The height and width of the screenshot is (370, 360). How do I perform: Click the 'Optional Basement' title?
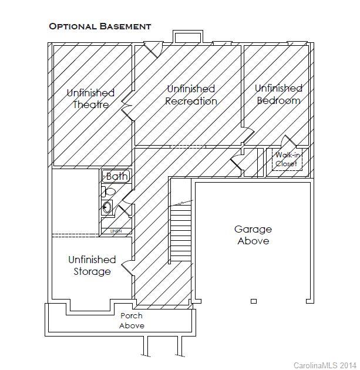click(x=100, y=26)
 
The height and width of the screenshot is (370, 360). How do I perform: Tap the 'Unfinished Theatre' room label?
click(x=90, y=99)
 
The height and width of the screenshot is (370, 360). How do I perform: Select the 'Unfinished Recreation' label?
click(x=191, y=95)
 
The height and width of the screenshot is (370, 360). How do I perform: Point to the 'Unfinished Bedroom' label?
click(x=278, y=94)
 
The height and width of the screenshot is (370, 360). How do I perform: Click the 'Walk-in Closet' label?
click(x=286, y=160)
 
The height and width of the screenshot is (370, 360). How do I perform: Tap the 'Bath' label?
click(x=116, y=176)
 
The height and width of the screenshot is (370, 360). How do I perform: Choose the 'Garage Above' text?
click(x=253, y=235)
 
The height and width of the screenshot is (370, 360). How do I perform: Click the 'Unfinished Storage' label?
click(x=92, y=265)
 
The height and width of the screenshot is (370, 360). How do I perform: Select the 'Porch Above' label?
click(x=132, y=321)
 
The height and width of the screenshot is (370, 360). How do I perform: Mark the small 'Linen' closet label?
click(x=116, y=231)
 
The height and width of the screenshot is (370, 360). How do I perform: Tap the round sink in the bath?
click(x=107, y=206)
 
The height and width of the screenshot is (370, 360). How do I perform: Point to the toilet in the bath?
click(x=108, y=191)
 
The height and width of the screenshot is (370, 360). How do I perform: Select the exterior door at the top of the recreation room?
click(x=152, y=50)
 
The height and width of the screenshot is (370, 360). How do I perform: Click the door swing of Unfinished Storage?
click(x=127, y=267)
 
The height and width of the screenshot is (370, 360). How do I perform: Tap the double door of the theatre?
click(x=127, y=108)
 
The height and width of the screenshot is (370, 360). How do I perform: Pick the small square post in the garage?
click(x=254, y=301)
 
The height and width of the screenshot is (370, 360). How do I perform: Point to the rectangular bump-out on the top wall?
click(x=188, y=37)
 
